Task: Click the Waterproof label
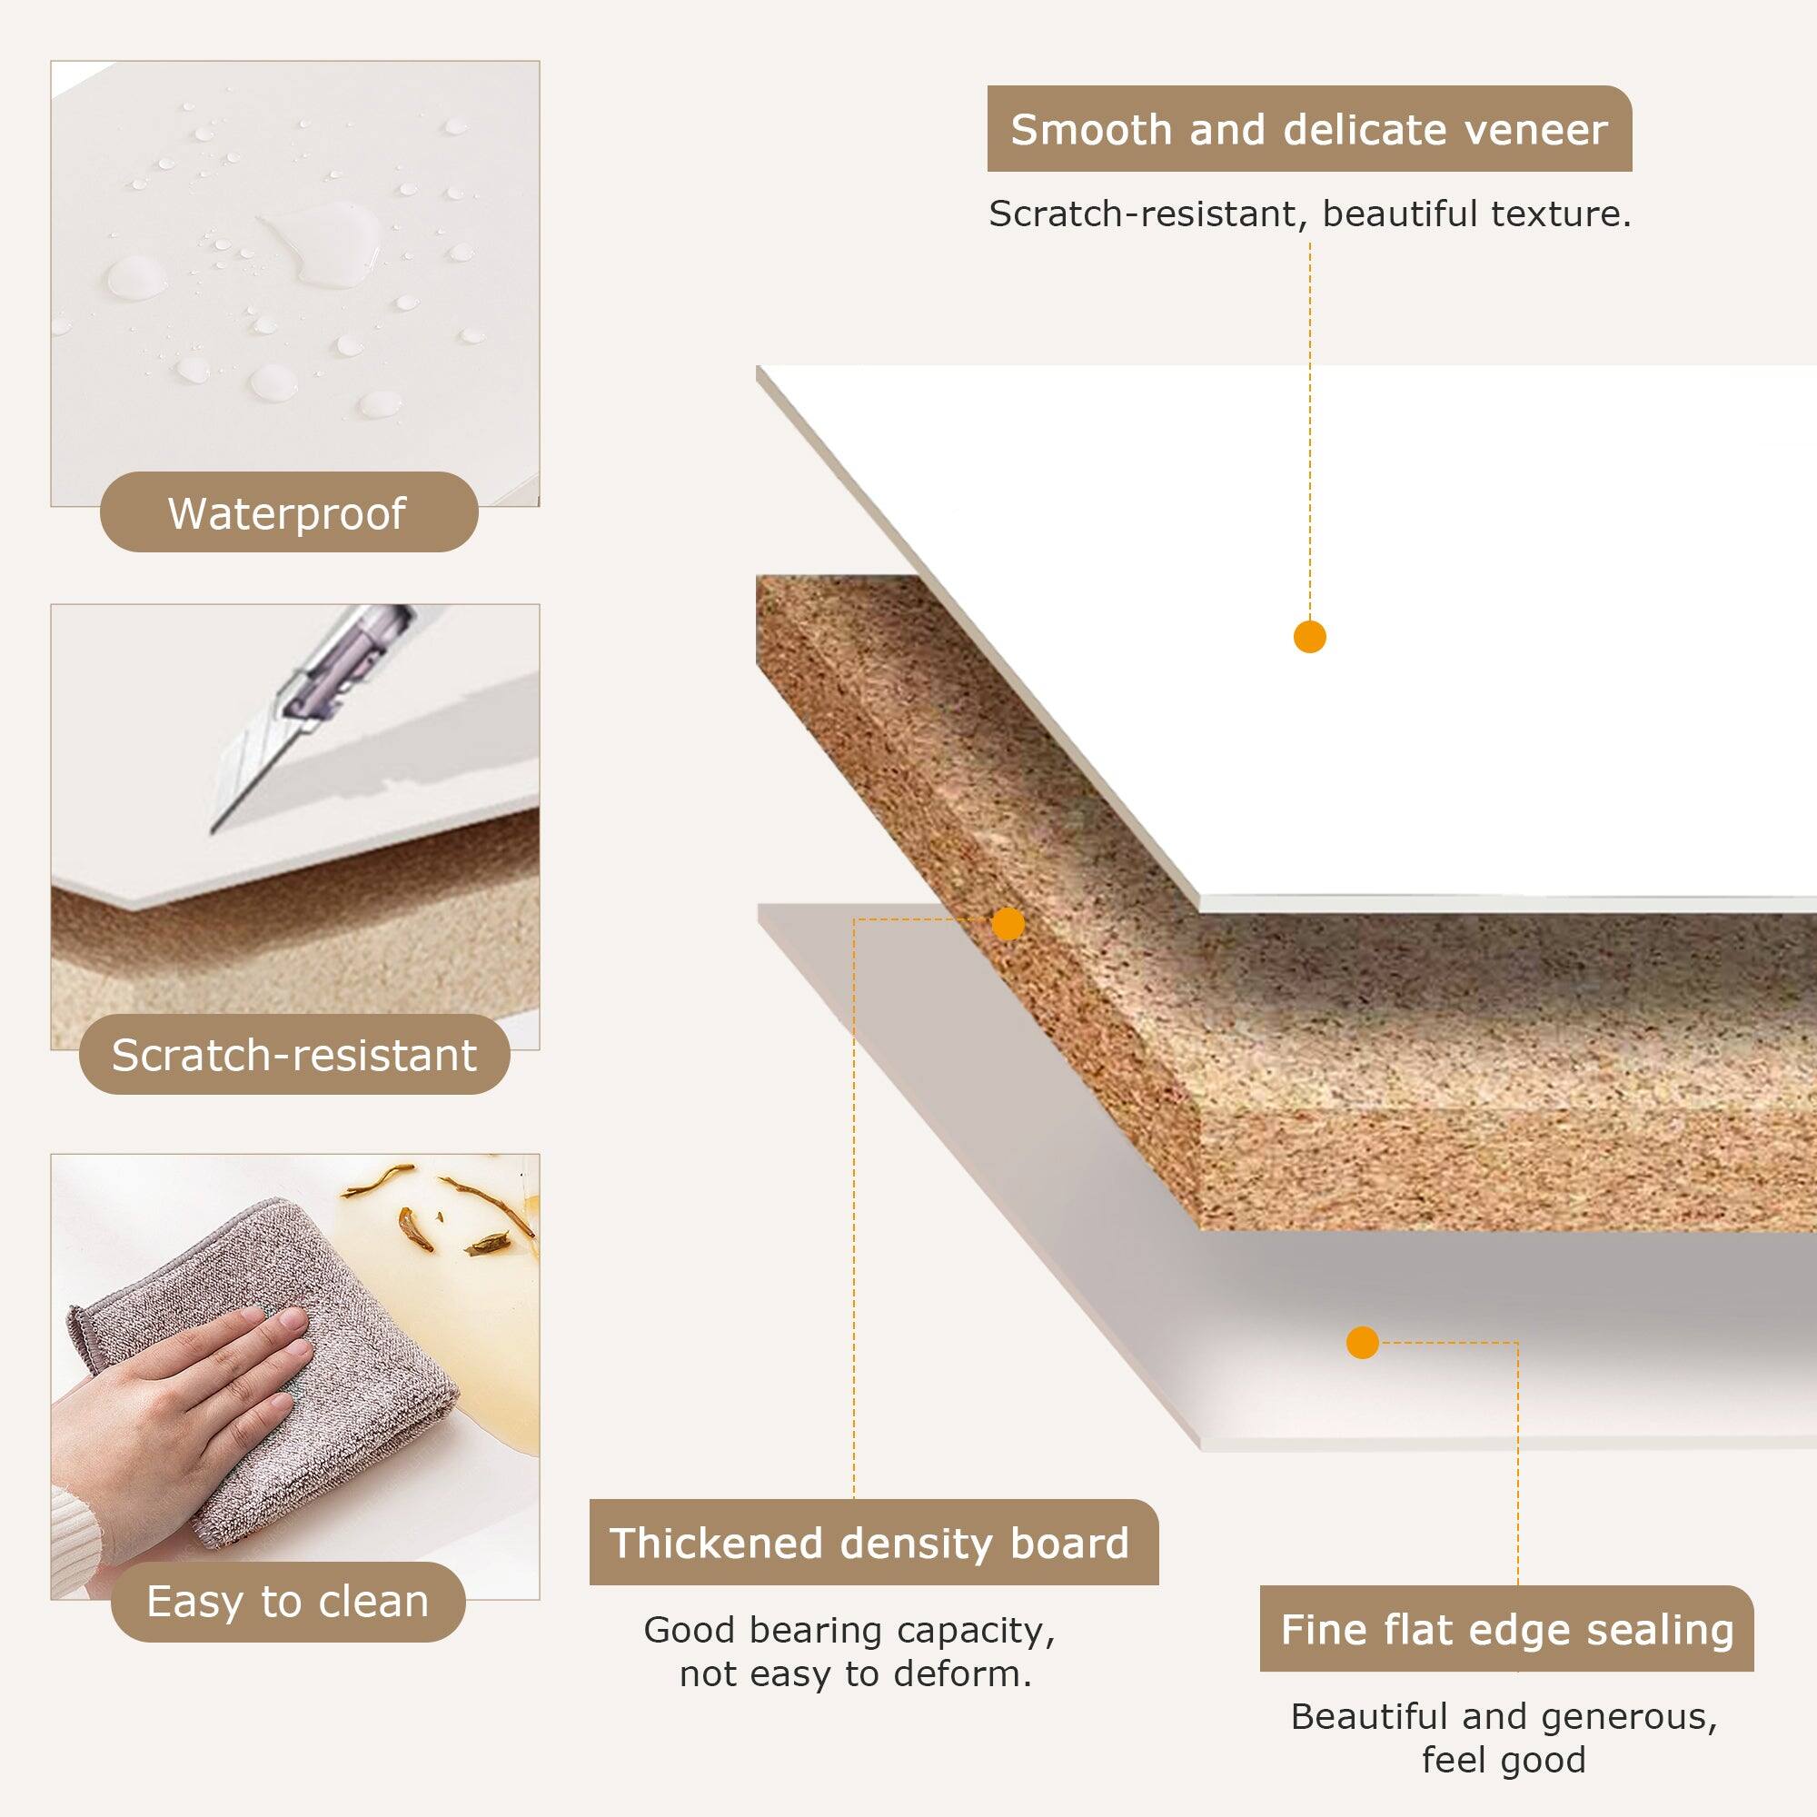tap(288, 512)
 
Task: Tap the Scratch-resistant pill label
tap(293, 1054)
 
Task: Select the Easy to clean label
tap(288, 1602)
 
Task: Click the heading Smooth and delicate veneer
tap(1308, 130)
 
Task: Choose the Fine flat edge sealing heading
tap(1505, 1630)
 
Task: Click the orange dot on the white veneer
tap(1309, 637)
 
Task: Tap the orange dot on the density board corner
tap(1008, 924)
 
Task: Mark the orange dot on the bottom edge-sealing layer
tap(1362, 1342)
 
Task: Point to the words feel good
tap(1503, 1760)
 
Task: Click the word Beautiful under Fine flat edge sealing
tap(1368, 1716)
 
